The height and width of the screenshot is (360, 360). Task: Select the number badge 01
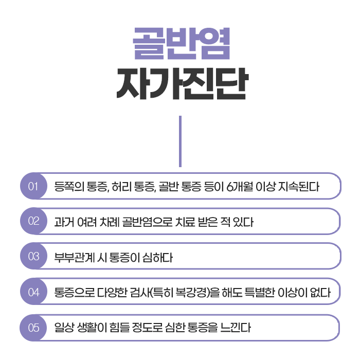coord(34,186)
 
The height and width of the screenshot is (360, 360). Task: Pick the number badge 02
coord(34,222)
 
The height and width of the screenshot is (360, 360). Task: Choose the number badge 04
coord(34,292)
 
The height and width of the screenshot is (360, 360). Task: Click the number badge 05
coord(34,327)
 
